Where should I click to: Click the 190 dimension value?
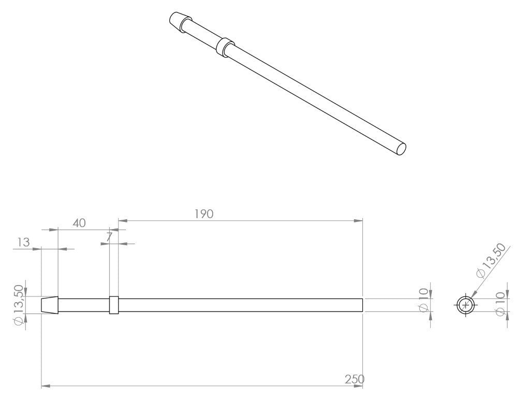[204, 214]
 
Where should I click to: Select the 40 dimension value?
[79, 223]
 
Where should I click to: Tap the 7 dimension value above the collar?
[109, 237]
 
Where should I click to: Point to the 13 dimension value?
[23, 242]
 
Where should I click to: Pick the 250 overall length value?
[355, 379]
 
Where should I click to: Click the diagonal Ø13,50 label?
[490, 260]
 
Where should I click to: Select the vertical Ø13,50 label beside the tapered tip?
[19, 305]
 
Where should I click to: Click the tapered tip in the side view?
[50, 305]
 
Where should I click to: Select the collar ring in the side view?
[114, 305]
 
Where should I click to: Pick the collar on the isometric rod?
[224, 46]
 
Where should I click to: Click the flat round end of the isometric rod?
[400, 149]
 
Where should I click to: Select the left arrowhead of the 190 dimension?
[122, 221]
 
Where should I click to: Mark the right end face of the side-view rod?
[362, 305]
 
